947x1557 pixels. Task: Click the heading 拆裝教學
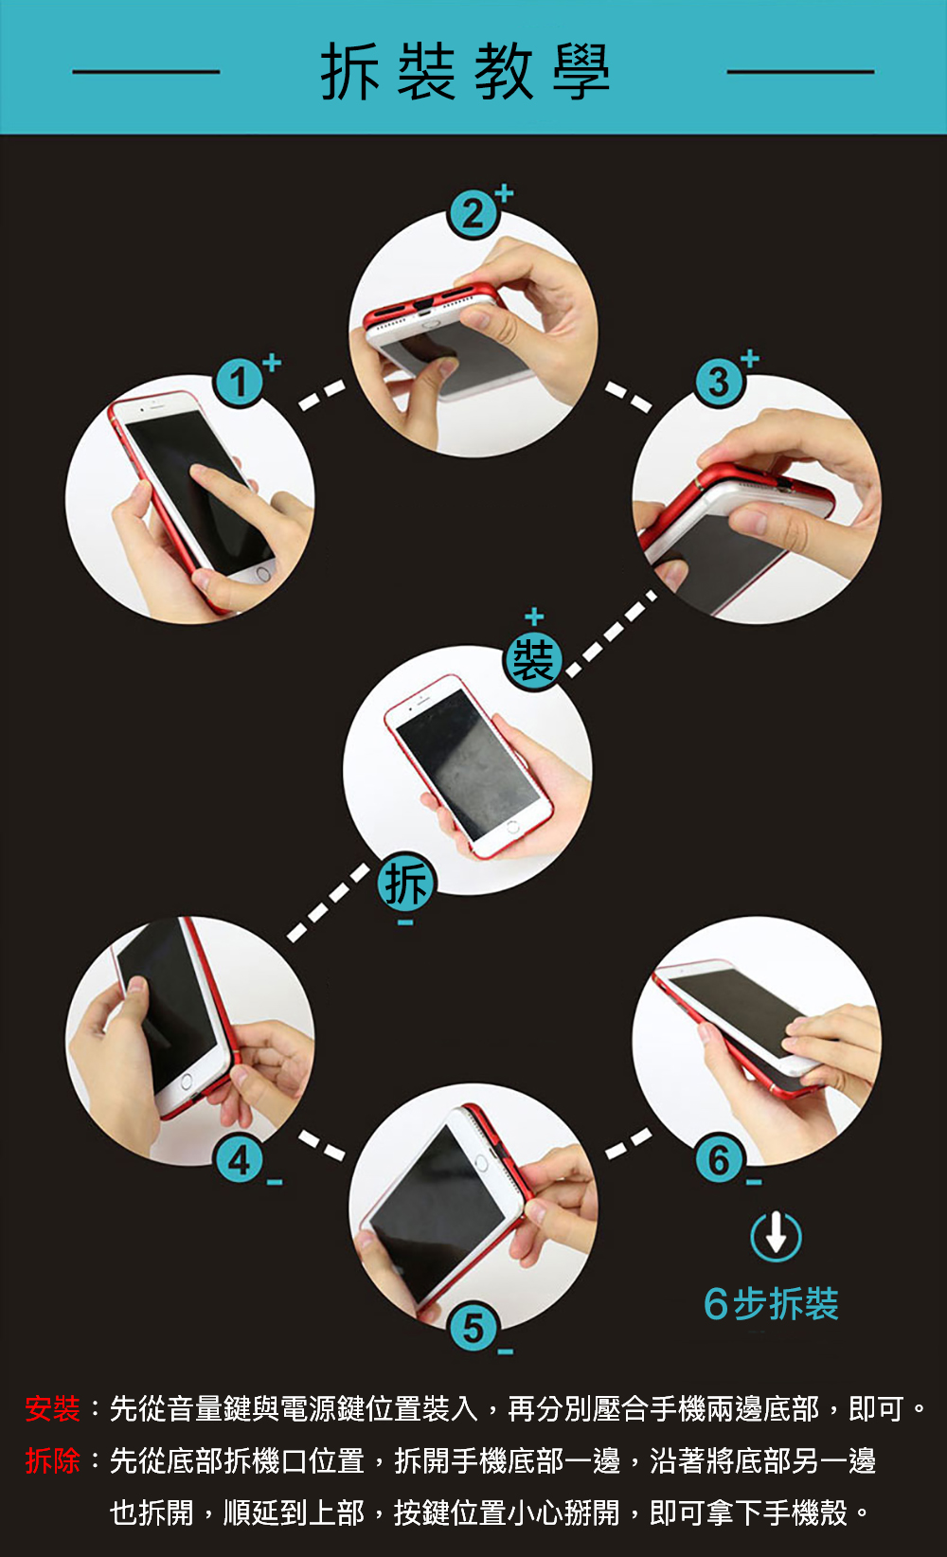[x=465, y=72]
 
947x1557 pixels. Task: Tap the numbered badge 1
[x=239, y=382]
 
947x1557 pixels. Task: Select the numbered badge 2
[x=473, y=214]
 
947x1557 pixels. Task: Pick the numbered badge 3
[x=720, y=382]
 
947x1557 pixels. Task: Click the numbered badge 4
[x=239, y=1160]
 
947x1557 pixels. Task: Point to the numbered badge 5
[x=473, y=1328]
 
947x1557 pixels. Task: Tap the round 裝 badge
[x=533, y=660]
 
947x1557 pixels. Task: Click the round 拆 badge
[x=406, y=883]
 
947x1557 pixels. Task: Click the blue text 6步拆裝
[x=771, y=1303]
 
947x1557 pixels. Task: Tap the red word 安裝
[x=53, y=1409]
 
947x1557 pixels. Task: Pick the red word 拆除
[x=53, y=1461]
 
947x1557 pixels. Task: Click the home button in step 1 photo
[x=263, y=574]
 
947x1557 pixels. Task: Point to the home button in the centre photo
[x=512, y=827]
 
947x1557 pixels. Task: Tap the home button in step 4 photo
[x=187, y=1083]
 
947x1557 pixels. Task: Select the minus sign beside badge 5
[x=506, y=1351]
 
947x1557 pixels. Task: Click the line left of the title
[x=146, y=72]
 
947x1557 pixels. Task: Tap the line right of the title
[x=800, y=72]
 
